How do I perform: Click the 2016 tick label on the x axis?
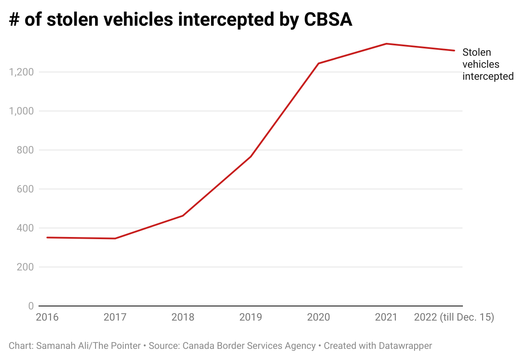point(47,318)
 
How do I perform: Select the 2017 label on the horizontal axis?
point(115,318)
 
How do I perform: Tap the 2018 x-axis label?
point(183,318)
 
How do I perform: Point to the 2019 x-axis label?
point(251,318)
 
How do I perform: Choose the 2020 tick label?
point(319,318)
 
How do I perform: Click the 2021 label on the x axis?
point(386,318)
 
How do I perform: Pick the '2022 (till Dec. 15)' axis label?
point(454,318)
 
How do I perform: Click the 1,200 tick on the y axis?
point(21,72)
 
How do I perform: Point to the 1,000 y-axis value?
point(21,111)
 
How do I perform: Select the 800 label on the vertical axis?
point(26,150)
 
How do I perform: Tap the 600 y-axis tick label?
point(26,189)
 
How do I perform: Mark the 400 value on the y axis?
point(26,228)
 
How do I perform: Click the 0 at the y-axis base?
point(31,306)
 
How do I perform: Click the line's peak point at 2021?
point(386,44)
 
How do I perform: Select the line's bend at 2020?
point(319,63)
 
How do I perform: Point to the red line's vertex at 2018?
point(183,216)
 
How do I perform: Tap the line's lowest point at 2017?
point(115,238)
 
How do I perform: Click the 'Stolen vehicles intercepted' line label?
point(488,64)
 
